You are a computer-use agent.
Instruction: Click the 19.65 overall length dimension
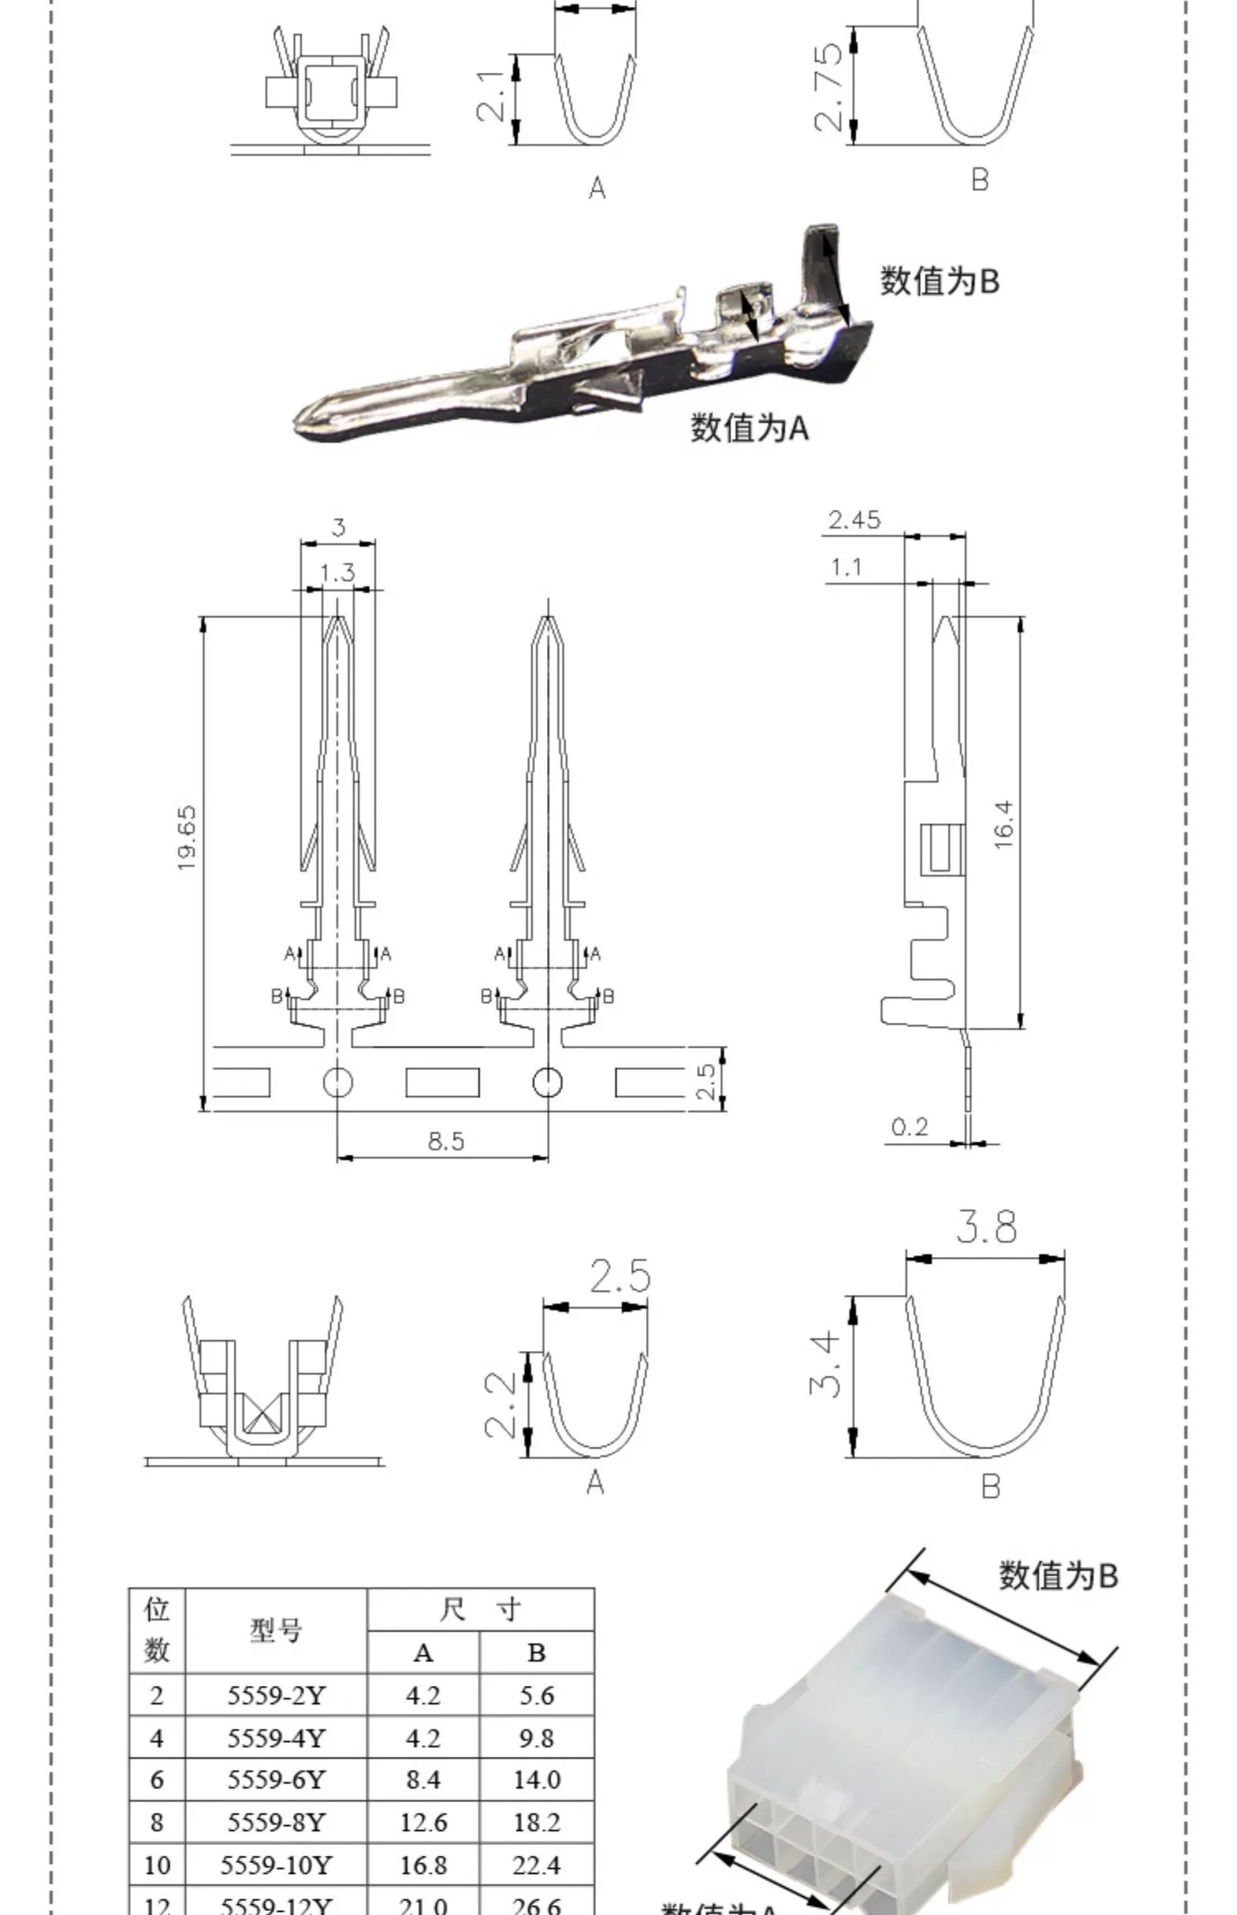[186, 837]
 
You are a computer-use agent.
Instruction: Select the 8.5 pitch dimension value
[446, 1141]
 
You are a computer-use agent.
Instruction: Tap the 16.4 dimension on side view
[1003, 824]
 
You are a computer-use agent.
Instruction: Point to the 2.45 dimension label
[854, 520]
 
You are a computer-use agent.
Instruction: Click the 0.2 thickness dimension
[910, 1127]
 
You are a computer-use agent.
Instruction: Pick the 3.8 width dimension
[986, 1227]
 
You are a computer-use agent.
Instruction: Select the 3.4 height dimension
[825, 1365]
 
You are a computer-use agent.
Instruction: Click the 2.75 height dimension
[828, 87]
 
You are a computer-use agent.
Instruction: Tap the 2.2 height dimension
[500, 1404]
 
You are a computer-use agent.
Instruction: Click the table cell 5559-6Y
[276, 1780]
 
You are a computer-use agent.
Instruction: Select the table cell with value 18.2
[536, 1822]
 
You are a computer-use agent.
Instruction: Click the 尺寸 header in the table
[480, 1609]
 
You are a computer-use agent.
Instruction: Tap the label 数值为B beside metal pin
[939, 281]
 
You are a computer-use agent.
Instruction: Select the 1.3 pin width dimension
[337, 572]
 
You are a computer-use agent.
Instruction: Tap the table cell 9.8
[536, 1738]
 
